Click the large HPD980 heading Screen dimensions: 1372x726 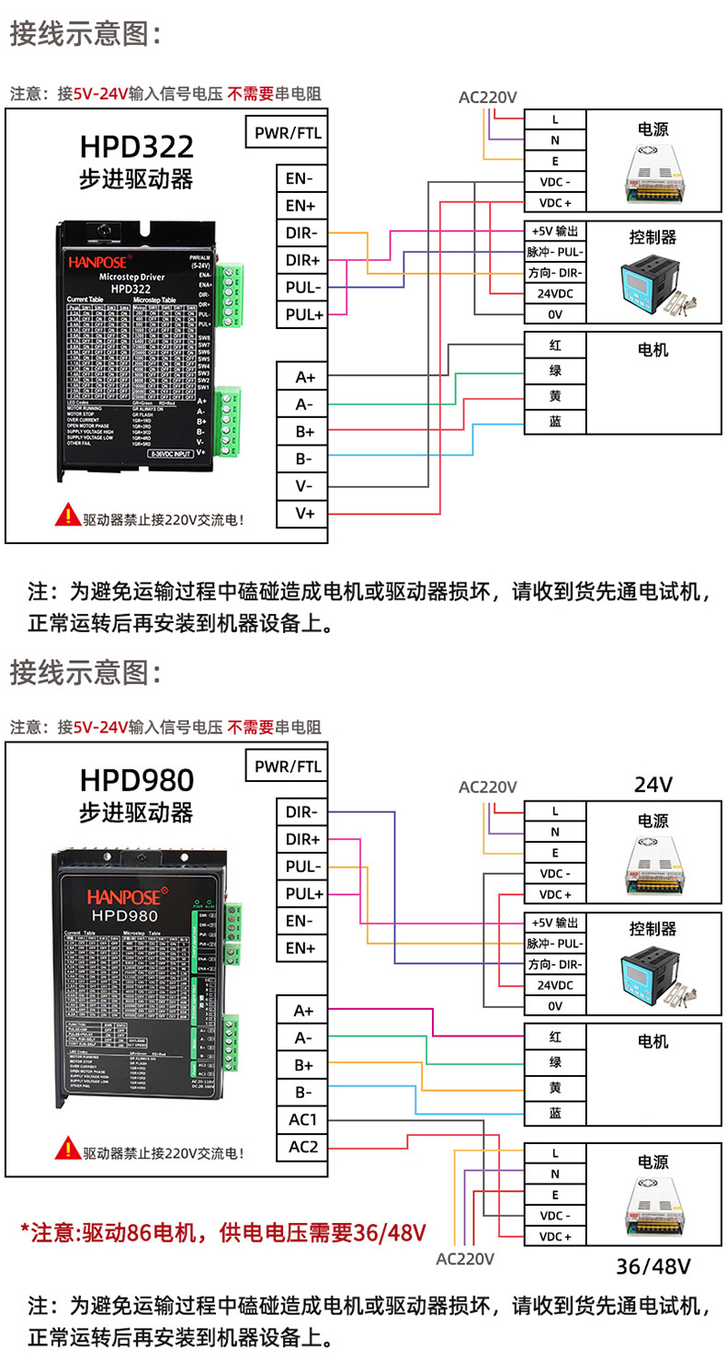tap(136, 779)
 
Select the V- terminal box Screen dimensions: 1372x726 tap(304, 485)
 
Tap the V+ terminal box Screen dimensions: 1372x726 tap(304, 513)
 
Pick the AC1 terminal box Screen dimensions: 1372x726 tap(302, 1119)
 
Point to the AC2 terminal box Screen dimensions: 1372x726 tap(302, 1147)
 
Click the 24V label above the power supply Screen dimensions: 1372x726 tap(653, 785)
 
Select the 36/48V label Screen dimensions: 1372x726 tap(653, 1266)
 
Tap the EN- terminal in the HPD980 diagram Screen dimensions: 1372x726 tap(301, 921)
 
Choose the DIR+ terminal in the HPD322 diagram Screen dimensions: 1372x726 tap(302, 260)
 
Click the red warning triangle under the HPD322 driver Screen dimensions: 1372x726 tap(68, 516)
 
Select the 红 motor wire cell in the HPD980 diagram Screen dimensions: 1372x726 tap(555, 1037)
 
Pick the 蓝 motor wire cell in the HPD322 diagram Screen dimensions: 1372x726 tap(555, 422)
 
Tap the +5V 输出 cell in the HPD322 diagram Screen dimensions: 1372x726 tap(555, 231)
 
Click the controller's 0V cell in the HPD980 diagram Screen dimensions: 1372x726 tap(555, 1005)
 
